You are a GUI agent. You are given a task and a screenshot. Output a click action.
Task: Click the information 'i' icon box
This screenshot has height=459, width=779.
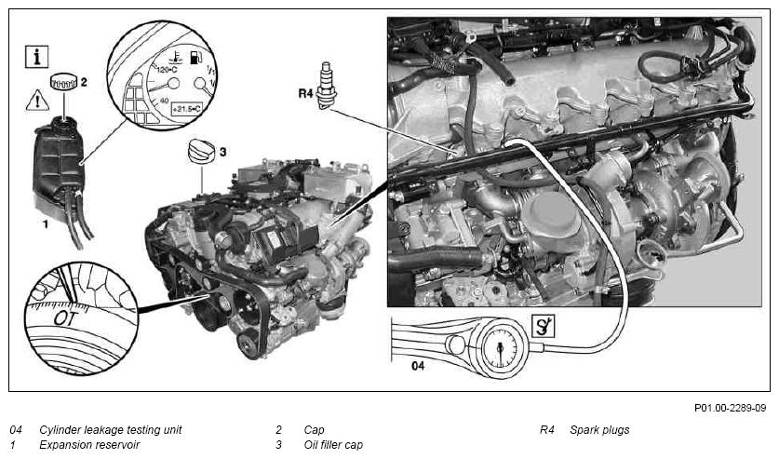click(x=37, y=57)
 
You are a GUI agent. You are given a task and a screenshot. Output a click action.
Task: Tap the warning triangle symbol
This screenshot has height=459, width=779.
click(x=37, y=101)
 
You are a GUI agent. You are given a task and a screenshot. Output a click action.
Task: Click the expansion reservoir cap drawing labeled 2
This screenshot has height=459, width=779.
click(x=64, y=81)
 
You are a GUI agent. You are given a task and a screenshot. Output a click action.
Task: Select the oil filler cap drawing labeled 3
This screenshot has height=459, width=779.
click(x=202, y=151)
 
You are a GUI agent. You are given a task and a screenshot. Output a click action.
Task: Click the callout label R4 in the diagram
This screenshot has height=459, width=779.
click(x=305, y=93)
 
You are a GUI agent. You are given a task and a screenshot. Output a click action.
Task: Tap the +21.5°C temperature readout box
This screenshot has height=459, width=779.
click(x=186, y=108)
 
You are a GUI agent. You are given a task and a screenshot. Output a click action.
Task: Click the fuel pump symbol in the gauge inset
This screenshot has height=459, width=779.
click(x=196, y=57)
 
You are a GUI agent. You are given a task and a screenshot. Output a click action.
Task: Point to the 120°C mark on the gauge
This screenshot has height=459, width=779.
click(x=167, y=70)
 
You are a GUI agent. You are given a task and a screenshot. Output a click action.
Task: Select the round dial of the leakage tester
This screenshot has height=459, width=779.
click(x=499, y=347)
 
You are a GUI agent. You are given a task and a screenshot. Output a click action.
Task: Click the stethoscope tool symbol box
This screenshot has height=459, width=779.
click(x=543, y=326)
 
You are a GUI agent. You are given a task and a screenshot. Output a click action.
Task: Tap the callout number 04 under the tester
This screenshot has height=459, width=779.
click(x=418, y=366)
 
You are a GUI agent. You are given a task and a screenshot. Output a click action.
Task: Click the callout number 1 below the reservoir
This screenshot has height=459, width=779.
click(x=46, y=224)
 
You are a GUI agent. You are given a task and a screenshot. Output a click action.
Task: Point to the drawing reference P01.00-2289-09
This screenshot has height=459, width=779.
click(x=731, y=408)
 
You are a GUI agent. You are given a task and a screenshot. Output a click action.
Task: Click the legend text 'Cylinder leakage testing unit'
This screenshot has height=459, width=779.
click(x=111, y=430)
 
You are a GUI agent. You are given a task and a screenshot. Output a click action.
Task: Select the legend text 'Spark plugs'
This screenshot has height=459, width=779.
click(x=599, y=430)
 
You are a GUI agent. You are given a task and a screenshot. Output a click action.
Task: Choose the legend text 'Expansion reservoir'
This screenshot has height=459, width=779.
click(x=89, y=445)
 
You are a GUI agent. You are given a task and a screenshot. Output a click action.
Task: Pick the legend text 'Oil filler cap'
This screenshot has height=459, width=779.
click(x=333, y=445)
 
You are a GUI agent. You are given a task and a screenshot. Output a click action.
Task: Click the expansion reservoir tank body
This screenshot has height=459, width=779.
click(x=59, y=164)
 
